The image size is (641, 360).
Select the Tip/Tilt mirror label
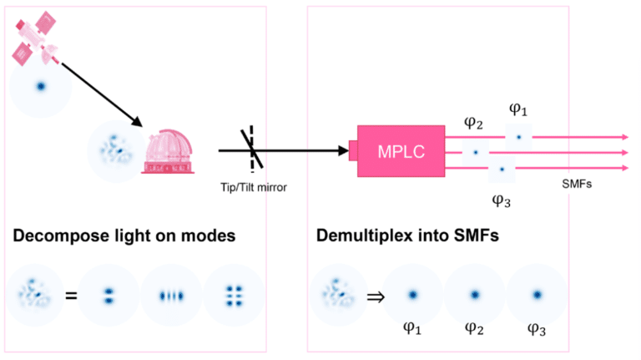[x=248, y=188]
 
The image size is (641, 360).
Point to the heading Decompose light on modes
[x=124, y=236]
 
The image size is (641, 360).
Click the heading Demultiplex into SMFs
[x=406, y=236]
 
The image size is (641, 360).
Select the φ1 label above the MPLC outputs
[x=518, y=109]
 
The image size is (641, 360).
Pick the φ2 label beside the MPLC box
[x=473, y=123]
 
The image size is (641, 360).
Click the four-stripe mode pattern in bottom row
[x=171, y=294]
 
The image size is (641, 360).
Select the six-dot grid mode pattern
[x=234, y=294]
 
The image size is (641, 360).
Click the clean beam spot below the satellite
[x=41, y=86]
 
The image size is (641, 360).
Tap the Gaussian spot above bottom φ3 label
[x=537, y=294]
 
